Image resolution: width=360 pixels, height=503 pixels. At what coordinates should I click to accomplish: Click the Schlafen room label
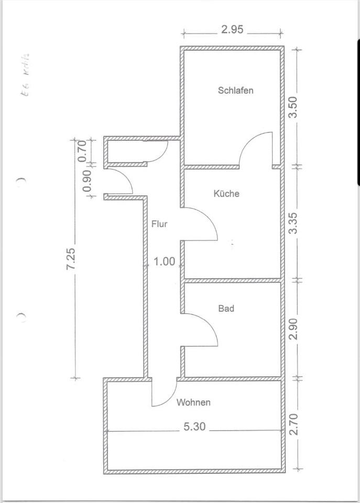235,90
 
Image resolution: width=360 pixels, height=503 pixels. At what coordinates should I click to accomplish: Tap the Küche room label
226,193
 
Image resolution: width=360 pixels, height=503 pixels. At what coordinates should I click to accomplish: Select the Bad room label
226,309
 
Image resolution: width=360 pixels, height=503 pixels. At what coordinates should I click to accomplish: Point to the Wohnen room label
193,402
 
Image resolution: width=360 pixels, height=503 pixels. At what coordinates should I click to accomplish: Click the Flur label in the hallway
159,224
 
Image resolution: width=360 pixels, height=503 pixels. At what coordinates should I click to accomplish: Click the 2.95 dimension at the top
232,29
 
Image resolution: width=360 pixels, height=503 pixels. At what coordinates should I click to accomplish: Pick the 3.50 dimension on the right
293,107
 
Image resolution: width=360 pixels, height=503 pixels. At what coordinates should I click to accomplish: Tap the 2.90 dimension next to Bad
293,329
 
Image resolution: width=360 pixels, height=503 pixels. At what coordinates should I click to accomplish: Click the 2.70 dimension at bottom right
293,424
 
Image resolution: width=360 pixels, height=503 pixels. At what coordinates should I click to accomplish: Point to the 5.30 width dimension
194,427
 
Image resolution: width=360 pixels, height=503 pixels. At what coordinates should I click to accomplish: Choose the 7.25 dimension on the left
72,259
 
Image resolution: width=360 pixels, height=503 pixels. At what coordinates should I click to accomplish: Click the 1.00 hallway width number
164,261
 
